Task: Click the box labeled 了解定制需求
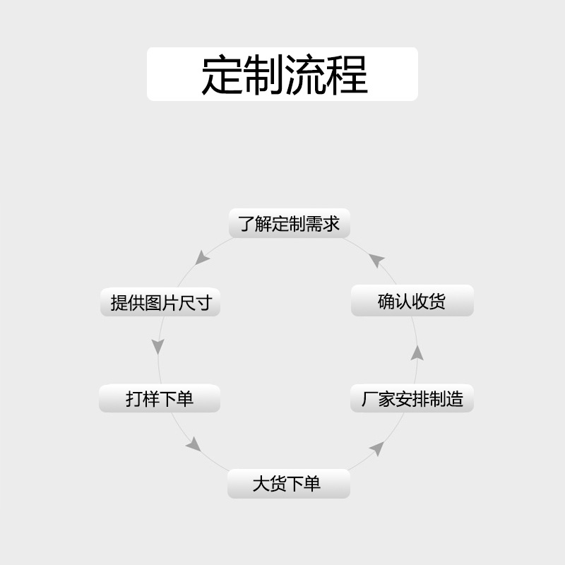coord(290,224)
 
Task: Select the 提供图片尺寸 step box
coord(161,303)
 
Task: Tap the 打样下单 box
coord(160,399)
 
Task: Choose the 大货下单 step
coord(288,484)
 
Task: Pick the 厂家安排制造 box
coord(412,399)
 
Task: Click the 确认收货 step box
coord(412,302)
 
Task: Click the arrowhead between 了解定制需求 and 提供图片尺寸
coord(203,257)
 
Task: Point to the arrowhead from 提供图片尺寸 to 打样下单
coord(158,347)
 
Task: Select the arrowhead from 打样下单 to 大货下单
coord(193,444)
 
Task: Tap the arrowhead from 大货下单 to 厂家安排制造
coord(377,448)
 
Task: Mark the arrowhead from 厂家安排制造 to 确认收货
coord(417,352)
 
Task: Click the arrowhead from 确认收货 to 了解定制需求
coord(376,260)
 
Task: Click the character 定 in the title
coord(222,74)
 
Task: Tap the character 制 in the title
coord(263,74)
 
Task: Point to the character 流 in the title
coord(305,74)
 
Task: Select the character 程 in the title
coord(347,74)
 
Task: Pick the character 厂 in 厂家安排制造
coord(370,399)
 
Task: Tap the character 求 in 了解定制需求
coord(332,224)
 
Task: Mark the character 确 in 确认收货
coord(387,302)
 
